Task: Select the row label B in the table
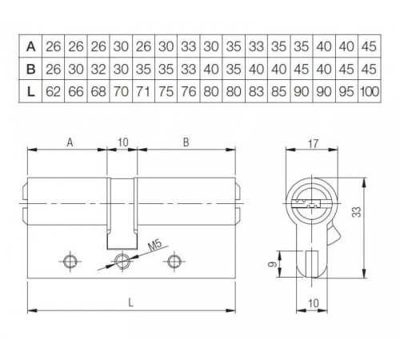coord(30,69)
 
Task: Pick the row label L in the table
coord(30,93)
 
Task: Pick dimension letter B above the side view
coord(186,142)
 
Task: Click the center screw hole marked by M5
coord(122,261)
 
